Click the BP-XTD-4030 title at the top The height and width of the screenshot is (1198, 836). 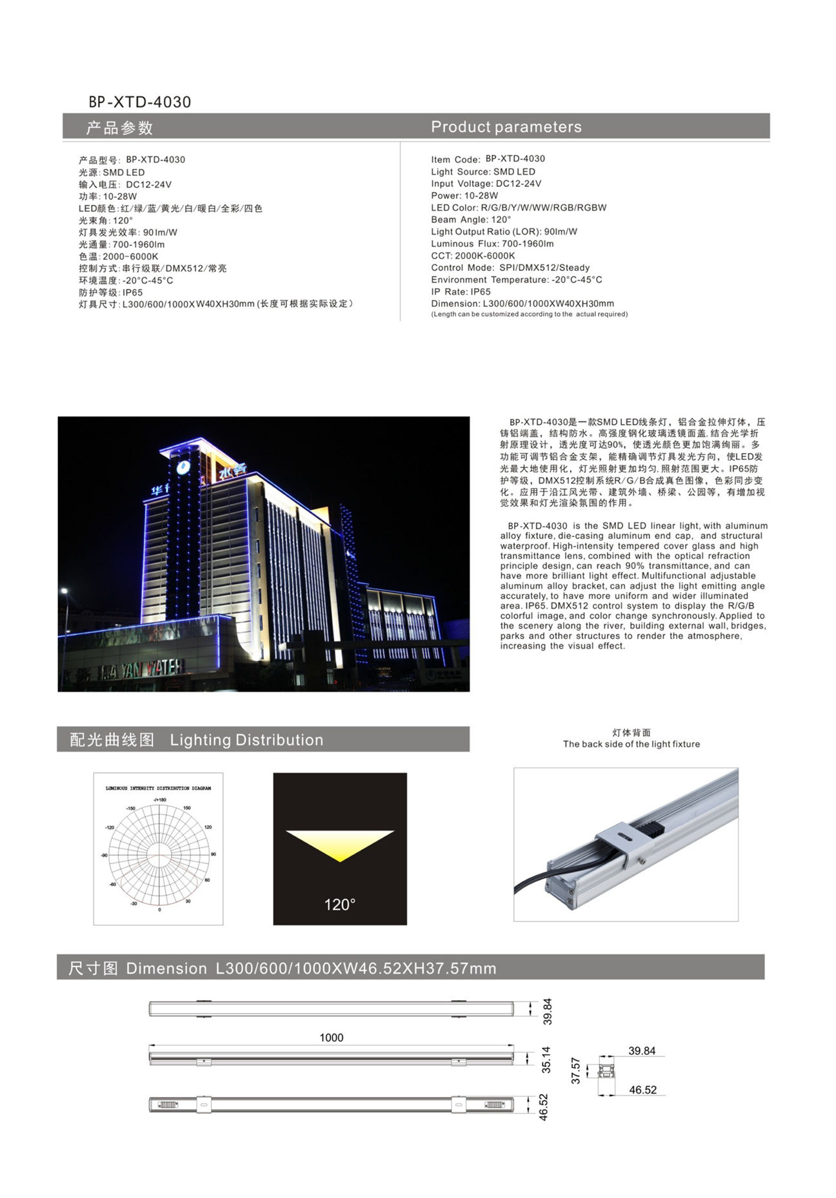140,102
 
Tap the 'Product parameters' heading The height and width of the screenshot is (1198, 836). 506,127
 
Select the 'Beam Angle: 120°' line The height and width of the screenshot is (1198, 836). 471,220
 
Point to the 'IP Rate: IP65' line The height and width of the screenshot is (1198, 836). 461,292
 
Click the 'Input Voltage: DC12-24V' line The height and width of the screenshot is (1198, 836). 486,184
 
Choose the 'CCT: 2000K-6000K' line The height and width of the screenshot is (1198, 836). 473,256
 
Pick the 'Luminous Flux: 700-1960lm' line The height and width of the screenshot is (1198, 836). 492,244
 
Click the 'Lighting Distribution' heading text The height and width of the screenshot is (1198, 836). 246,740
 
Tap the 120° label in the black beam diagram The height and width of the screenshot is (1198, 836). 339,905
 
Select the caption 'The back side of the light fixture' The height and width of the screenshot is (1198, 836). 631,744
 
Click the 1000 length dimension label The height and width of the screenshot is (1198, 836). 332,1037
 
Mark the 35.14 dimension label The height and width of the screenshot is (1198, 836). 546,1059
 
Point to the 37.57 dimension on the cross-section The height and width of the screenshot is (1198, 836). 576,1070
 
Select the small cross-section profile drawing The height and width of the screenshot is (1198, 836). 606,1072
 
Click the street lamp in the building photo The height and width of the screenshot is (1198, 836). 65,592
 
